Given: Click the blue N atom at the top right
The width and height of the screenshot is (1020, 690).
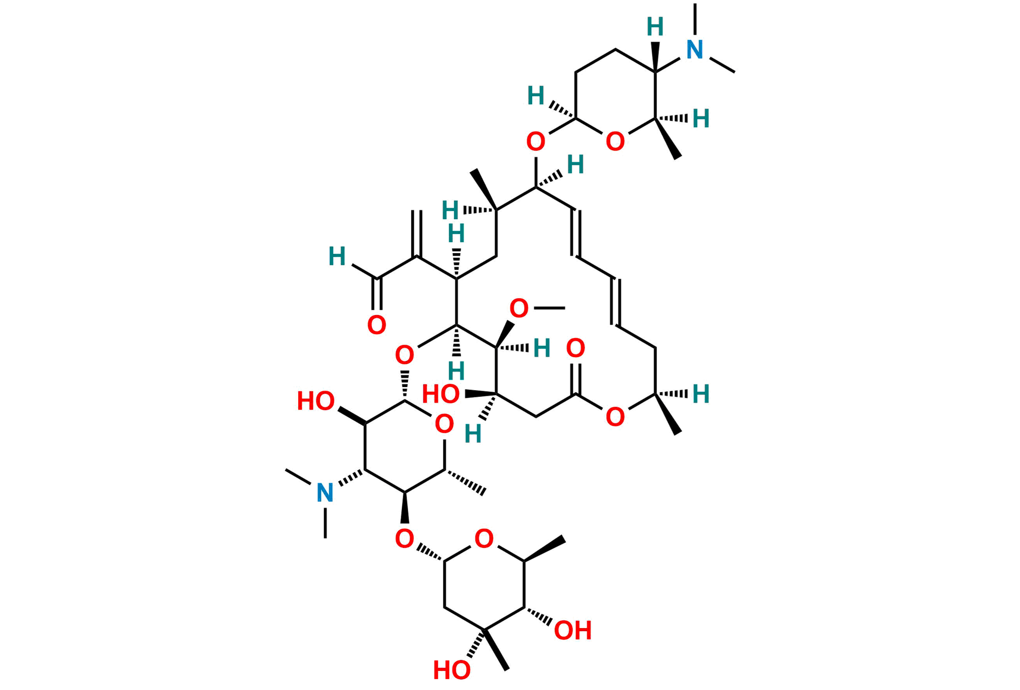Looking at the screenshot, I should [x=695, y=49].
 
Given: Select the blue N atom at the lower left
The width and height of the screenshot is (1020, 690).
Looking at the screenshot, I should [x=325, y=493].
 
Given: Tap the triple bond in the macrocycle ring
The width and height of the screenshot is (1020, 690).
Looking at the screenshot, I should [x=616, y=302].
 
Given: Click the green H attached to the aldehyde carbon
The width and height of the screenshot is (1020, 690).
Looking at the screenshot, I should [x=337, y=256].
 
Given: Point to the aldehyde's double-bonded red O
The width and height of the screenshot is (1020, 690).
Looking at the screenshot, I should [x=377, y=325].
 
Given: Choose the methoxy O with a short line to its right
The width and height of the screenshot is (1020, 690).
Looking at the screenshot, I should [x=519, y=308].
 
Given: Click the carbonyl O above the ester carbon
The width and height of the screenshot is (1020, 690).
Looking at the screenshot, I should [x=575, y=348].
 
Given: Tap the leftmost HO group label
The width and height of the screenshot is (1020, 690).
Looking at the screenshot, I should [x=315, y=401].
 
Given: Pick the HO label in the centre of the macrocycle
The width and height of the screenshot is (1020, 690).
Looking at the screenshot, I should [x=440, y=394].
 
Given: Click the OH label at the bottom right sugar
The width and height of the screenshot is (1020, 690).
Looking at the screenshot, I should [x=573, y=631].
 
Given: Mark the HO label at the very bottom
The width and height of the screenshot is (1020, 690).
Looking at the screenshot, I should [x=451, y=670].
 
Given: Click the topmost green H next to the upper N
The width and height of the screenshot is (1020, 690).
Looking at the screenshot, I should [x=655, y=27].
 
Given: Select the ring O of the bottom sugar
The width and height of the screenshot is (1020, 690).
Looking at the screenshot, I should [x=484, y=538].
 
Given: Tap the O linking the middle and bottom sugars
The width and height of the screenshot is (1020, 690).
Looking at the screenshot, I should [x=404, y=539].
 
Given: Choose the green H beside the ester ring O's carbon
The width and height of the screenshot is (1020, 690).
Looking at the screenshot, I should [x=701, y=394].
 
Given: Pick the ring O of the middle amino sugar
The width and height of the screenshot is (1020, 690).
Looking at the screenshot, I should [x=444, y=424].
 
